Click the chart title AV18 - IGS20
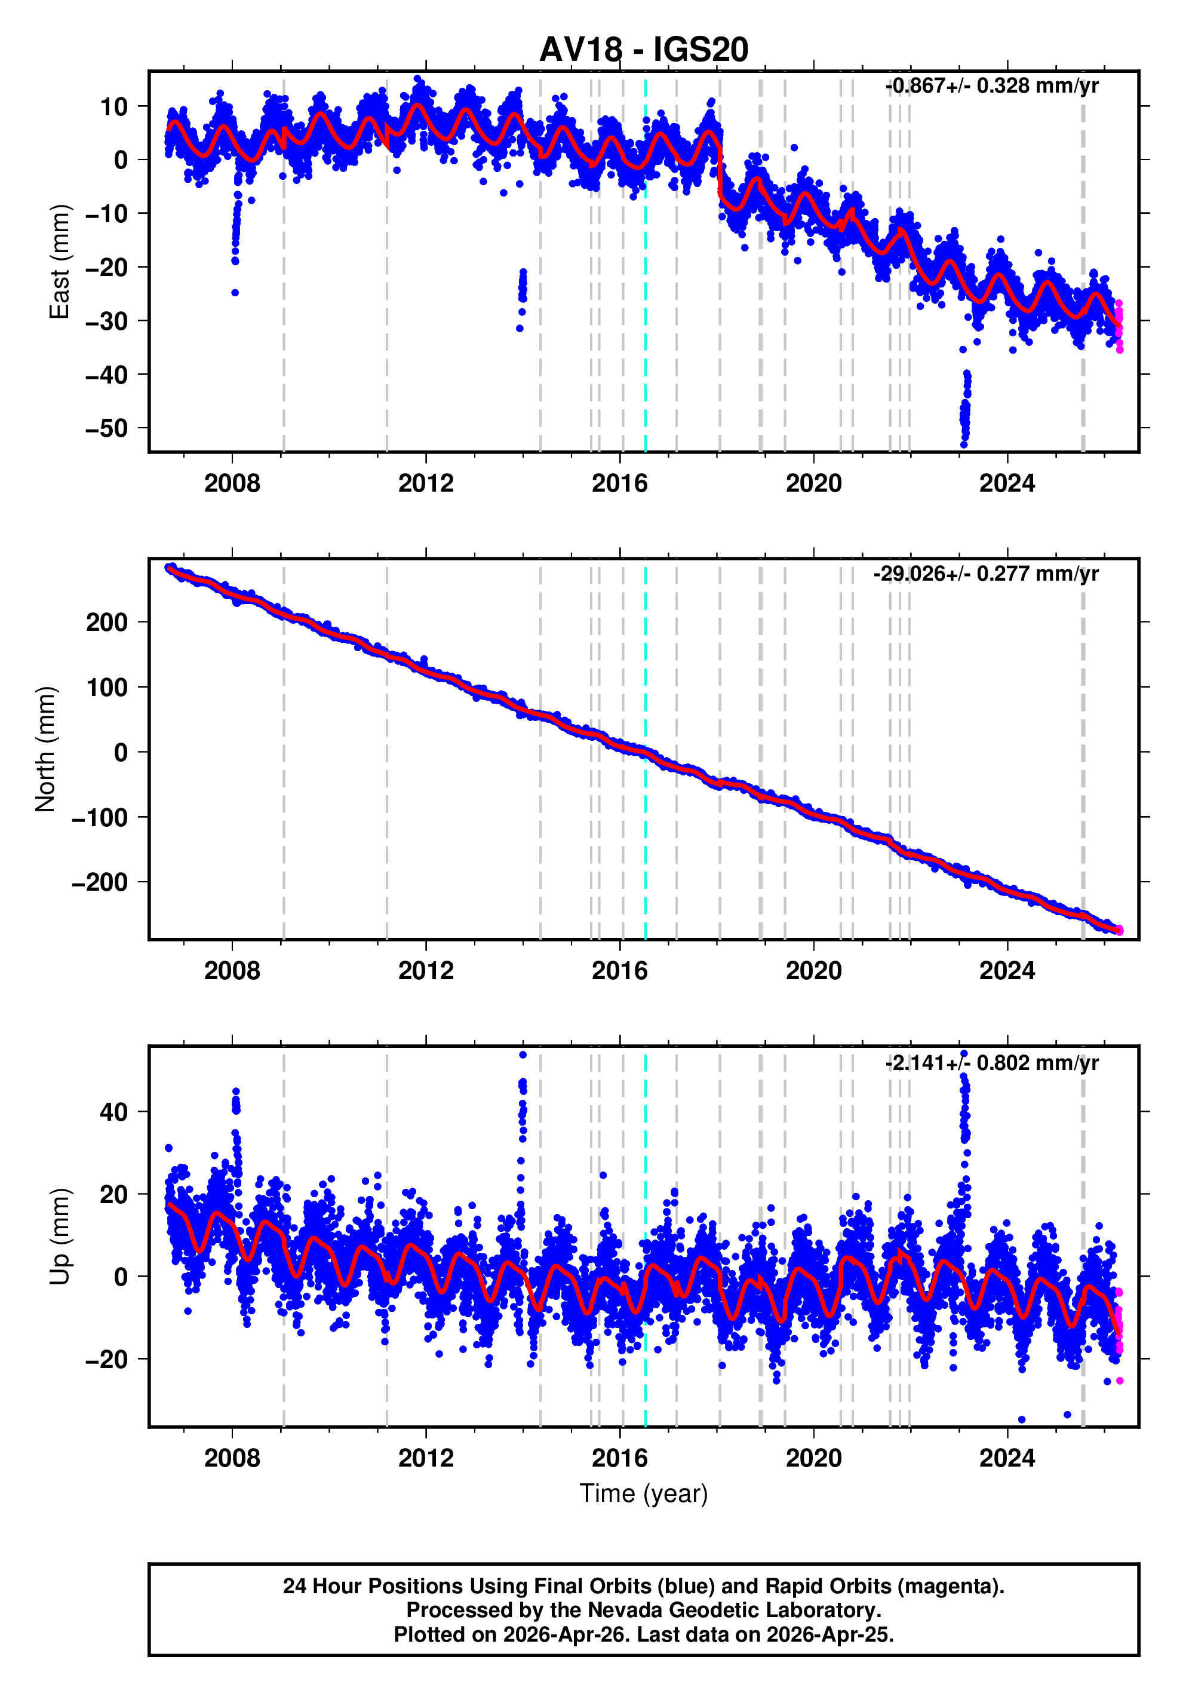(x=644, y=50)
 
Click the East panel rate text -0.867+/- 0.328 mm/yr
(x=991, y=85)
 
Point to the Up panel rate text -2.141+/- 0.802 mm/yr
(x=991, y=1063)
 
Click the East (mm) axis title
(x=59, y=262)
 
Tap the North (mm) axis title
(x=46, y=749)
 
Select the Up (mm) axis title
(x=59, y=1237)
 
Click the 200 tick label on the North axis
(x=107, y=622)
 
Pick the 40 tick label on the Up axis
(x=113, y=1112)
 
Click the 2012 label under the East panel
(x=425, y=484)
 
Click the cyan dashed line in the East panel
(x=646, y=295)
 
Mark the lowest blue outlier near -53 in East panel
(x=963, y=444)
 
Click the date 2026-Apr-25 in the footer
(x=828, y=1634)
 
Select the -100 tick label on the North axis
(x=100, y=817)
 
